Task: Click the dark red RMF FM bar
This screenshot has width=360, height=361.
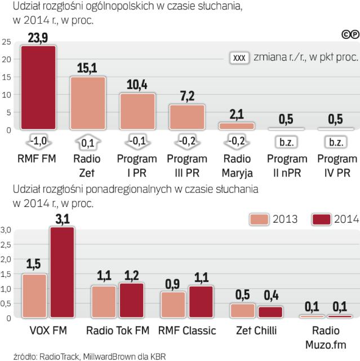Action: click(38, 87)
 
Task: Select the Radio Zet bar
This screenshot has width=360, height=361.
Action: click(88, 103)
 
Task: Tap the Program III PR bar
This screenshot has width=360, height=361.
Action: click(187, 117)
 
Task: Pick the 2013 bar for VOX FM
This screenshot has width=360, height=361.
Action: click(34, 296)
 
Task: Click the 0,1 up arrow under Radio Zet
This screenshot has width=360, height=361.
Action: click(88, 142)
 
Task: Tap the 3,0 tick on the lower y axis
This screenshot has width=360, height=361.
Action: click(7, 230)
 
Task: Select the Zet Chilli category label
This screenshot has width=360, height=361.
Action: click(257, 330)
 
